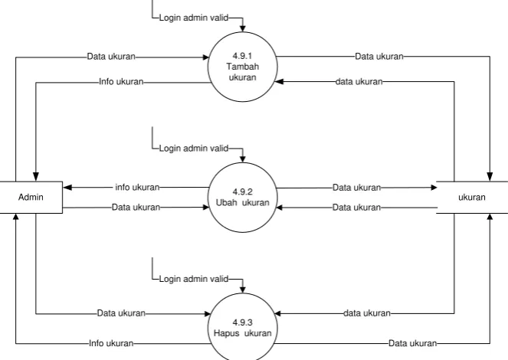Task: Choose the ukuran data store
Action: coord(472,197)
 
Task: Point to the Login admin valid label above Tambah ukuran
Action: coord(194,18)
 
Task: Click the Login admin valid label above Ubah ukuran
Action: coord(194,149)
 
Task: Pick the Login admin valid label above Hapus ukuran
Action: coord(194,279)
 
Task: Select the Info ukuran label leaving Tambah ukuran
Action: coord(121,82)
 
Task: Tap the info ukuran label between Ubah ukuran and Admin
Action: coord(137,187)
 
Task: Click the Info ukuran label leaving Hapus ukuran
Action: coord(111,343)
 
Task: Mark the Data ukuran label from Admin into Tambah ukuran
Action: coord(111,57)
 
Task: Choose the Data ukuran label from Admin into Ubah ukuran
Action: coord(136,208)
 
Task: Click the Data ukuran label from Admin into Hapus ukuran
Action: coord(121,313)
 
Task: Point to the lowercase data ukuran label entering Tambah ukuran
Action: coord(359,82)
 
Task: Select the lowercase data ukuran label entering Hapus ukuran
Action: coord(367,313)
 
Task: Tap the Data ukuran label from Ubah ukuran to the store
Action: coord(357,188)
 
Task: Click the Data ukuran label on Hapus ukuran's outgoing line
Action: coord(413,343)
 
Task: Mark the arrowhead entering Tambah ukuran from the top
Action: coord(242,29)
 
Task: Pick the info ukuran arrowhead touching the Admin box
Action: coord(67,187)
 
